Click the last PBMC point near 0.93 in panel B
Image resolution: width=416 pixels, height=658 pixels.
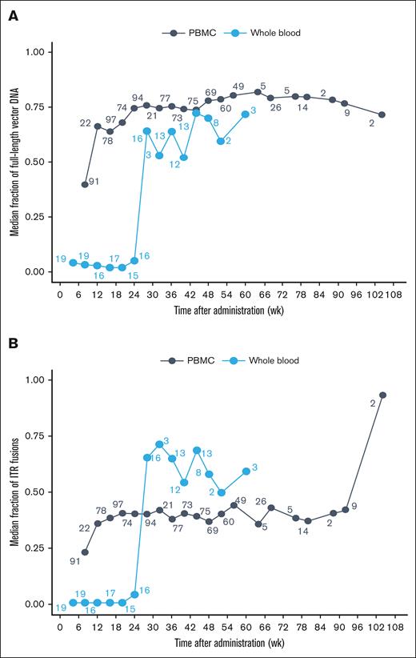coord(382,395)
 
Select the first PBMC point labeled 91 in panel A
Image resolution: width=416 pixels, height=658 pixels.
coord(85,184)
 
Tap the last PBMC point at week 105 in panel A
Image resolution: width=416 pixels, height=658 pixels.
coord(382,114)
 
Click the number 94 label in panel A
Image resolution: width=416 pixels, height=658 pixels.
coord(138,98)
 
